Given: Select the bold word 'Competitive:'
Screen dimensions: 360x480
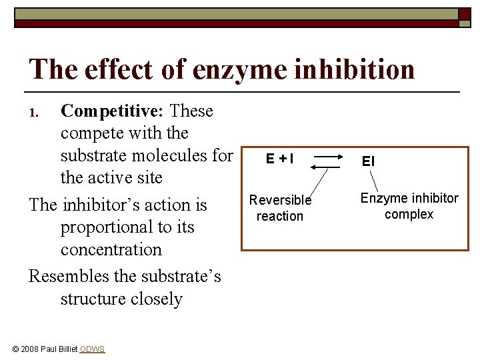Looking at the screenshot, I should pyautogui.click(x=112, y=111).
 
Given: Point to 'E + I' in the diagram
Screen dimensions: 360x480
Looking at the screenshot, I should pyautogui.click(x=279, y=159).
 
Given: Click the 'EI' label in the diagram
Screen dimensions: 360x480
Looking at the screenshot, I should pyautogui.click(x=368, y=161).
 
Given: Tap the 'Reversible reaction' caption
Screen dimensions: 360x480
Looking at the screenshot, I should pyautogui.click(x=280, y=208).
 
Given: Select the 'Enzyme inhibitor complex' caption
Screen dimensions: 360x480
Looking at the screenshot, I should pyautogui.click(x=409, y=206).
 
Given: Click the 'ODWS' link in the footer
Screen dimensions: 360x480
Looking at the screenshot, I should pyautogui.click(x=92, y=349).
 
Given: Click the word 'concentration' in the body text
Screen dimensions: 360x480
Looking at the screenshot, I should pyautogui.click(x=111, y=249).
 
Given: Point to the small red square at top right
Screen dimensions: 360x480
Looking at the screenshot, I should pyautogui.click(x=464, y=13).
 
